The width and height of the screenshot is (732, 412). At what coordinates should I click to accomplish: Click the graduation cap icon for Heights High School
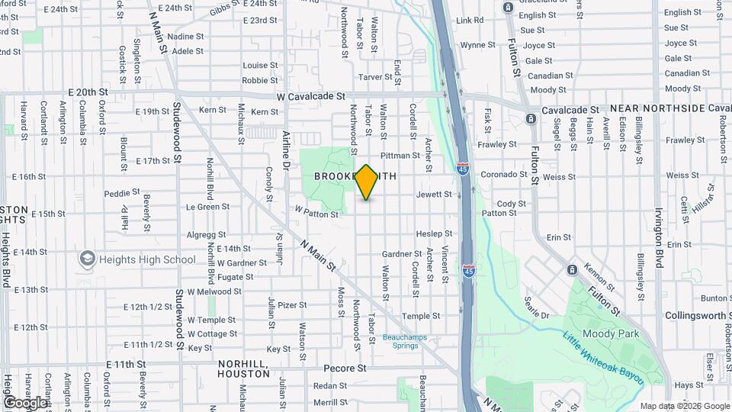tap(87, 259)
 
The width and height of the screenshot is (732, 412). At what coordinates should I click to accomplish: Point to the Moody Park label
tap(605, 333)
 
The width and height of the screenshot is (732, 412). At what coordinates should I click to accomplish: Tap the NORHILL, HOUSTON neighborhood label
tap(243, 369)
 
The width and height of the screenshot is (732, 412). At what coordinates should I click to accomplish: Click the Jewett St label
tap(434, 195)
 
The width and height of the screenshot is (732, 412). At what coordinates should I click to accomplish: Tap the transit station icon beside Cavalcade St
tap(531, 118)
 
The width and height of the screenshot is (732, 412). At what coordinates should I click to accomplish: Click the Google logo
tap(25, 402)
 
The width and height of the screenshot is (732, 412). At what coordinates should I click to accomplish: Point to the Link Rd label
tap(470, 20)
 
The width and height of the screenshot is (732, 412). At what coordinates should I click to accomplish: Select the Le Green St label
tap(207, 207)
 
